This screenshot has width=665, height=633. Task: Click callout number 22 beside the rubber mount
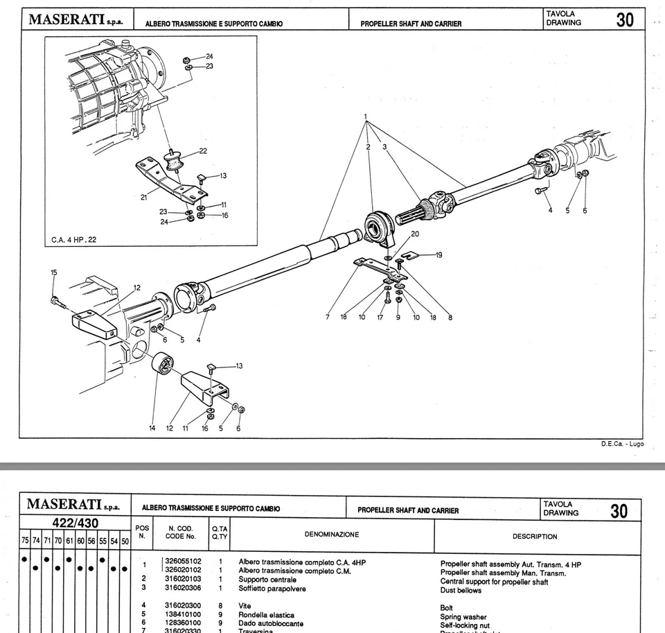(202, 150)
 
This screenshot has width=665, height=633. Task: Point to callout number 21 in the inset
(143, 198)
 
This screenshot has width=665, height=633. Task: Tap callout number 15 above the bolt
(53, 272)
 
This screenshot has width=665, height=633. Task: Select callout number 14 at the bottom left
(152, 428)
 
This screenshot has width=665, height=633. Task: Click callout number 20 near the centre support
(415, 234)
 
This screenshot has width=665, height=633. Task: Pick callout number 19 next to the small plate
(438, 254)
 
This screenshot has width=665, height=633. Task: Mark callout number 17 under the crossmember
(380, 318)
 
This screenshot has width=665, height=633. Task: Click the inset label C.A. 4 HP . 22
(74, 240)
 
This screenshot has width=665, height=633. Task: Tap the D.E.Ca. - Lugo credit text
(622, 444)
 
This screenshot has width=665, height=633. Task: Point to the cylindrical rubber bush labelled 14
(163, 363)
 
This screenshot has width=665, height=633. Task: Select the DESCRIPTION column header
(535, 536)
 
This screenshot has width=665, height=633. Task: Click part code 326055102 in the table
(183, 562)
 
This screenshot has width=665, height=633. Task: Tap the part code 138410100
(183, 614)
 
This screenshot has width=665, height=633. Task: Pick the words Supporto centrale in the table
(267, 579)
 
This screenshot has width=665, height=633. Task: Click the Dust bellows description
(461, 591)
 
